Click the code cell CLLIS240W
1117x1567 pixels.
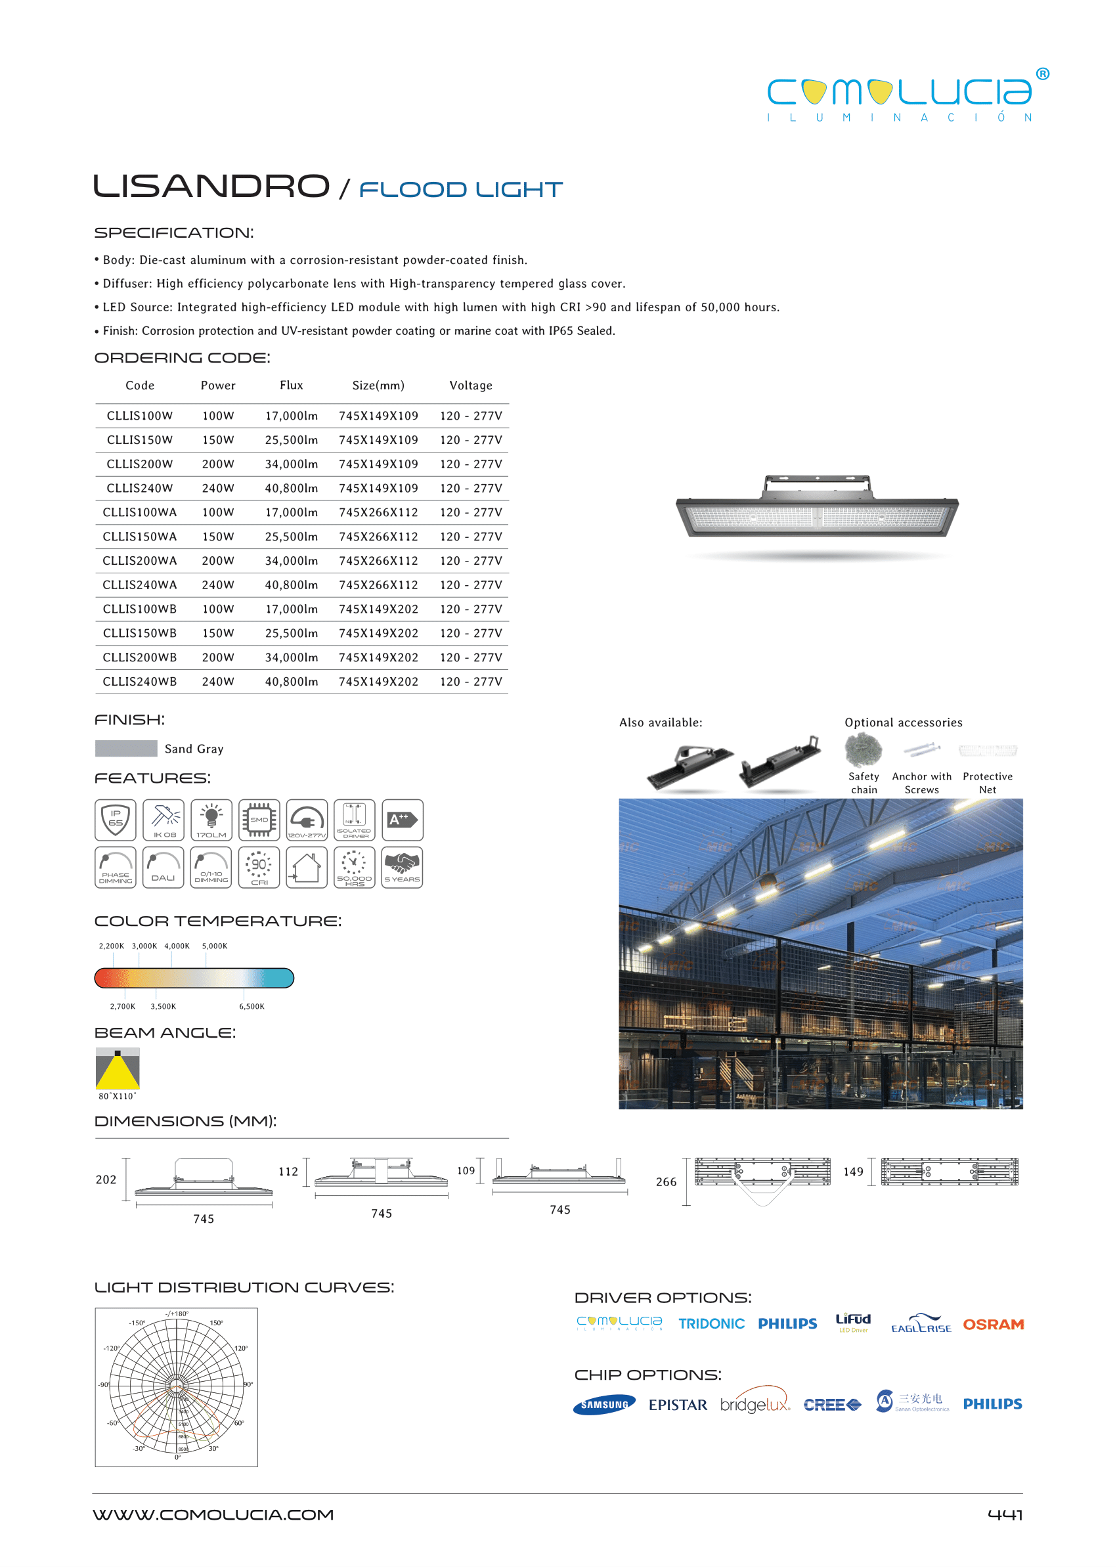(x=140, y=489)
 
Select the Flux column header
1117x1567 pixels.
(x=291, y=386)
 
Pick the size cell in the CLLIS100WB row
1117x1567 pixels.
(x=378, y=609)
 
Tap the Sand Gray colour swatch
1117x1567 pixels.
(x=126, y=749)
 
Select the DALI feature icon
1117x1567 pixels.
(x=163, y=868)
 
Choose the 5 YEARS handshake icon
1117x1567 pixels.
(x=402, y=868)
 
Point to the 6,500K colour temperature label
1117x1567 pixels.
(x=252, y=1006)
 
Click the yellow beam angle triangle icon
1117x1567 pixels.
(x=118, y=1069)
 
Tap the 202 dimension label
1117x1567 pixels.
(x=106, y=1180)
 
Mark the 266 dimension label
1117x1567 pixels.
(x=666, y=1181)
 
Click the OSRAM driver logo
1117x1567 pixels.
(x=993, y=1324)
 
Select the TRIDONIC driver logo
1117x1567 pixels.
(x=711, y=1323)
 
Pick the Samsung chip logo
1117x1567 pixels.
(x=604, y=1405)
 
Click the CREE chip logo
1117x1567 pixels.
(x=831, y=1405)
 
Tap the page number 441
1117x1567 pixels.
(x=1005, y=1514)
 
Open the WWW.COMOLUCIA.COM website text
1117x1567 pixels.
(x=213, y=1514)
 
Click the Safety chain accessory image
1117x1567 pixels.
(x=864, y=750)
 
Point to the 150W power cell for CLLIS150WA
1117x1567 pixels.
(x=218, y=537)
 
